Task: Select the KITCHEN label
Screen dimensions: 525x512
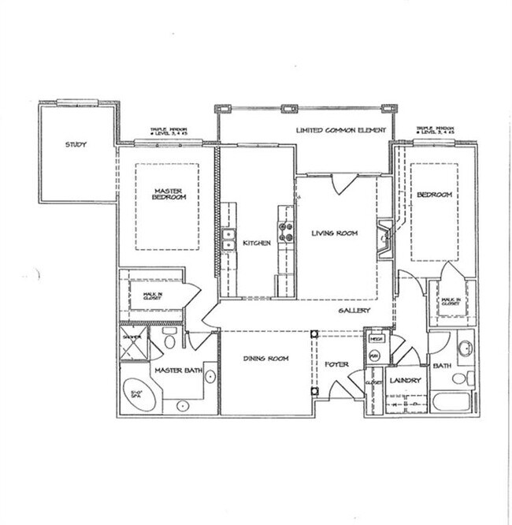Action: coord(257,243)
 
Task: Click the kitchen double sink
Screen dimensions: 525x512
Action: coord(229,240)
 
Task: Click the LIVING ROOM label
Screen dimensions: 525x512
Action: coord(334,233)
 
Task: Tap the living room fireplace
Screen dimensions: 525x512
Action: coord(385,238)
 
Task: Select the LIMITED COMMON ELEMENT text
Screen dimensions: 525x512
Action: coord(340,129)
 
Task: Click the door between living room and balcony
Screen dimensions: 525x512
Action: coord(339,185)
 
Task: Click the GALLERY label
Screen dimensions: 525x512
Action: coord(354,311)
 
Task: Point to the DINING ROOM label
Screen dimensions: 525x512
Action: coord(265,359)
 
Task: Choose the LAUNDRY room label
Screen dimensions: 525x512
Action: coord(406,381)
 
